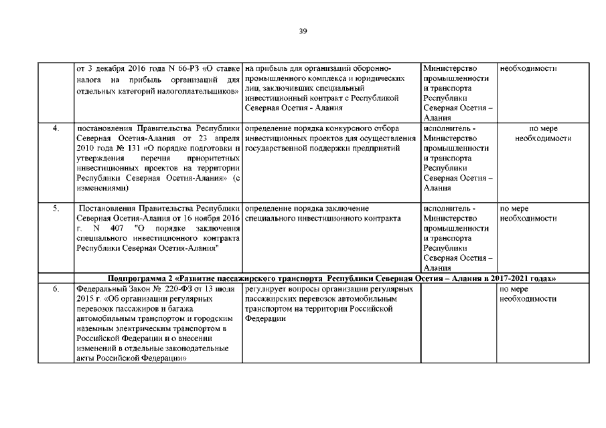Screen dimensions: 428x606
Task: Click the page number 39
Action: [x=303, y=30]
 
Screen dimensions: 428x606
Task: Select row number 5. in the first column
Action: [x=56, y=209]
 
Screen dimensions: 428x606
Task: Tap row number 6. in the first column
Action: [x=56, y=289]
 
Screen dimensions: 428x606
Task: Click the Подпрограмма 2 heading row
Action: [x=332, y=278]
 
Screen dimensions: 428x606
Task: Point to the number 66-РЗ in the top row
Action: [x=160, y=68]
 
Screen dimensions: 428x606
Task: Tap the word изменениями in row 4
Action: [x=99, y=189]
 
